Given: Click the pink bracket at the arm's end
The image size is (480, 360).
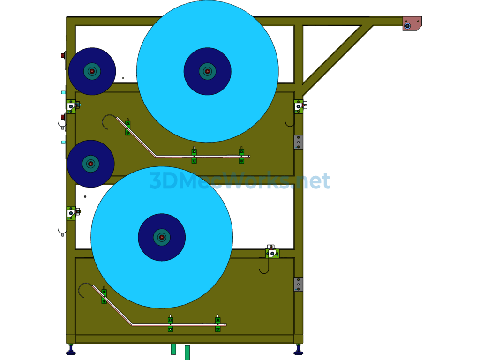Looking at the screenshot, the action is (x=412, y=23).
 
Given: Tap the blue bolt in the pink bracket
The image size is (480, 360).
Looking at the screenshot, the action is (x=407, y=26).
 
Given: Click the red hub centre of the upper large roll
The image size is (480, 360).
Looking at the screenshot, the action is (x=208, y=71).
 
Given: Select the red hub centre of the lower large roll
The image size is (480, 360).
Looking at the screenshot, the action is (x=162, y=237).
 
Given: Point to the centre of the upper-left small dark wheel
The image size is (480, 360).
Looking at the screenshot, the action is (x=92, y=71).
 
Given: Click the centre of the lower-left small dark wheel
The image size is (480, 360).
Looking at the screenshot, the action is (x=90, y=164).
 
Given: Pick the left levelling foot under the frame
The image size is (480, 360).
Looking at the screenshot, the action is (x=71, y=350).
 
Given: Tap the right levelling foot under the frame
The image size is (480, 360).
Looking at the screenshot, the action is (x=299, y=350).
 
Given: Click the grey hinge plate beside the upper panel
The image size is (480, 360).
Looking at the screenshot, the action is (x=299, y=142).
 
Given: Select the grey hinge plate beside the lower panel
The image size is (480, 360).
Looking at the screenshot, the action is (x=299, y=285).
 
